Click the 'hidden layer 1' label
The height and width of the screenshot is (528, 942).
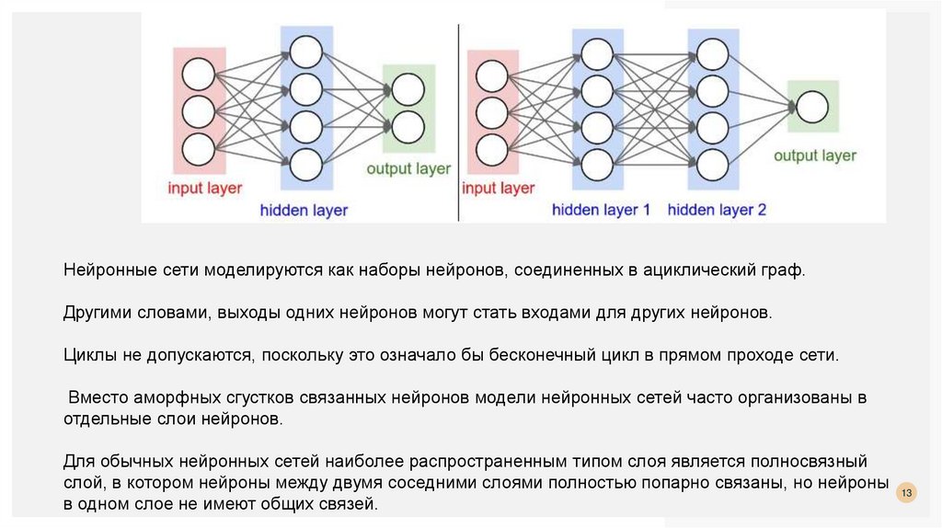point(601,210)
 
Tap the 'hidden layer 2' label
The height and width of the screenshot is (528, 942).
point(717,210)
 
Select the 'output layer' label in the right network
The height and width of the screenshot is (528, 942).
point(814,155)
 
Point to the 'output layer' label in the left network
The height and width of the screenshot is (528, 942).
point(408,169)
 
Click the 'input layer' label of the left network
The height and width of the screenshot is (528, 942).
point(204,189)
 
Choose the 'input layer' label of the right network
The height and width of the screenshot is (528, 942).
point(498,189)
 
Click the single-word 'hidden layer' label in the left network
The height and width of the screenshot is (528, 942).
point(304,211)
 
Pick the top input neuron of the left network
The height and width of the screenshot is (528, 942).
point(198,75)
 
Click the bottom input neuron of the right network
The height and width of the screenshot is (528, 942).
point(492,147)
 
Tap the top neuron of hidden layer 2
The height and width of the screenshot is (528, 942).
point(713,53)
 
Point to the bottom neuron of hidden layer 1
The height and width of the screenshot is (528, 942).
point(597,164)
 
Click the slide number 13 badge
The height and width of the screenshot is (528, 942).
point(907,494)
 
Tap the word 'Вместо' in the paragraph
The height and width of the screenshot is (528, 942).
point(97,398)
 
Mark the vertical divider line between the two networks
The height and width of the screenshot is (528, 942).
point(457,120)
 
